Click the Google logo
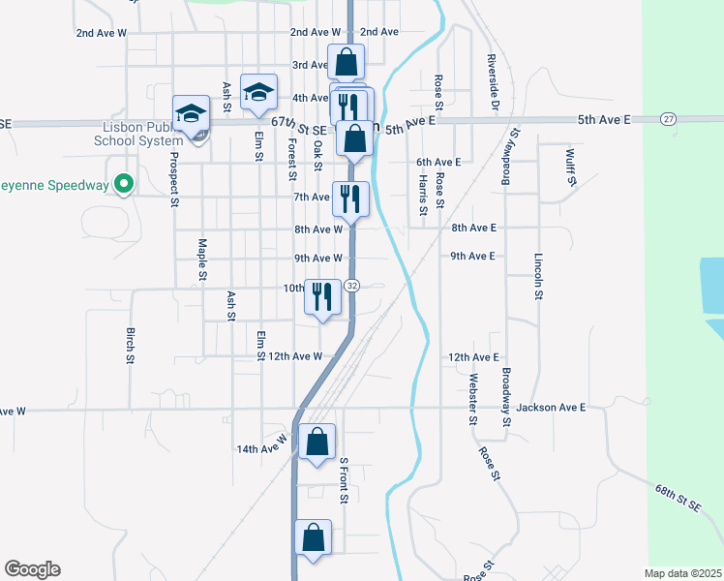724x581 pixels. pyautogui.click(x=32, y=569)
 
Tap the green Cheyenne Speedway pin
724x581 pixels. pyautogui.click(x=123, y=183)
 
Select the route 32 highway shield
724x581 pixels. pyautogui.click(x=352, y=286)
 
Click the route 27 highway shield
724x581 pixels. pyautogui.click(x=668, y=118)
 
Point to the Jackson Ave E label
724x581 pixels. pyautogui.click(x=551, y=408)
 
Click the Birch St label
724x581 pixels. pyautogui.click(x=131, y=345)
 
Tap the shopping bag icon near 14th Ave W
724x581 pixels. pyautogui.click(x=317, y=443)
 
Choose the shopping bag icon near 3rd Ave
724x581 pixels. pyautogui.click(x=347, y=63)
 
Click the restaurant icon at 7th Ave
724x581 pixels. pyautogui.click(x=350, y=199)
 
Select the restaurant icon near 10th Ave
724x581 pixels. pyautogui.click(x=323, y=296)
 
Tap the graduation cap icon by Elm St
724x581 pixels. pyautogui.click(x=258, y=93)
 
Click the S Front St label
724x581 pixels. pyautogui.click(x=343, y=480)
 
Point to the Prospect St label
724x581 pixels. pyautogui.click(x=175, y=178)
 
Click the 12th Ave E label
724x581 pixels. pyautogui.click(x=473, y=357)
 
